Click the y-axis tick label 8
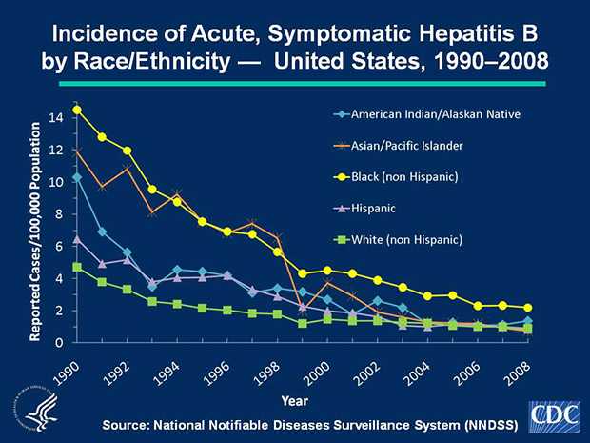(x=59, y=214)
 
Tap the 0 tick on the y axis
(x=59, y=342)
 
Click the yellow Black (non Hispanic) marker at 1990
(x=77, y=110)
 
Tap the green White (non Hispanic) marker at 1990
(x=77, y=267)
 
